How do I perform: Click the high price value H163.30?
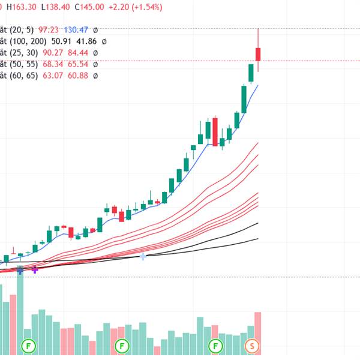click(22, 8)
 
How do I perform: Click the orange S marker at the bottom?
click(253, 346)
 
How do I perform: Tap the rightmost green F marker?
click(215, 346)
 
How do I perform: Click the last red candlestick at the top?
click(258, 54)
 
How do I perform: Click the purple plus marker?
click(35, 270)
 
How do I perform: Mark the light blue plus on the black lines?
click(143, 257)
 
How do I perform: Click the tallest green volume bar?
click(20, 309)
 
